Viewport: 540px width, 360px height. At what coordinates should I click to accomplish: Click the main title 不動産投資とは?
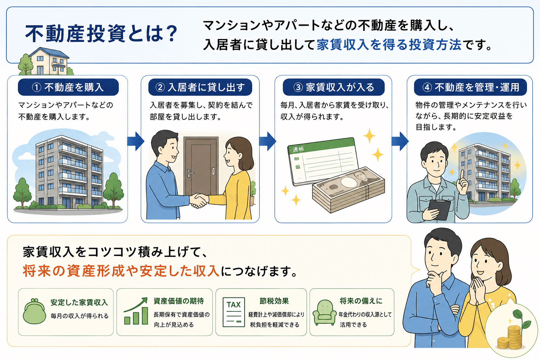click(101, 33)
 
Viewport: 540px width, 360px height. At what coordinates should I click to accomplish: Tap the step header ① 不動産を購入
click(68, 87)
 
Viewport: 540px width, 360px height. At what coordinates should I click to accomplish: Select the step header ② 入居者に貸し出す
click(200, 87)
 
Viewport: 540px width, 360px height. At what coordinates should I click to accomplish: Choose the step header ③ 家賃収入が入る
click(334, 87)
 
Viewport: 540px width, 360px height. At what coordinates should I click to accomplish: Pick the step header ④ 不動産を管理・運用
click(470, 87)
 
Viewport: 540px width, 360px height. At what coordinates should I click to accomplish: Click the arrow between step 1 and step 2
click(136, 141)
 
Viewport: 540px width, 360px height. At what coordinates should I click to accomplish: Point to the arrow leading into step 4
click(400, 141)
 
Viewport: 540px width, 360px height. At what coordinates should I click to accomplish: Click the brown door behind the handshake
click(201, 166)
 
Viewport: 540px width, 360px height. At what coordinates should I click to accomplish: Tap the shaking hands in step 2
click(199, 200)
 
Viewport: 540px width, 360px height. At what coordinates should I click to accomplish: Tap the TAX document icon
click(233, 312)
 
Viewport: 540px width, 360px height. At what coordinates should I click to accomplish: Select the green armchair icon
click(324, 313)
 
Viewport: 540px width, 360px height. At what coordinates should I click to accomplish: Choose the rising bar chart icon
click(136, 311)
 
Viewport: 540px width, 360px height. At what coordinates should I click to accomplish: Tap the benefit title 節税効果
click(274, 301)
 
